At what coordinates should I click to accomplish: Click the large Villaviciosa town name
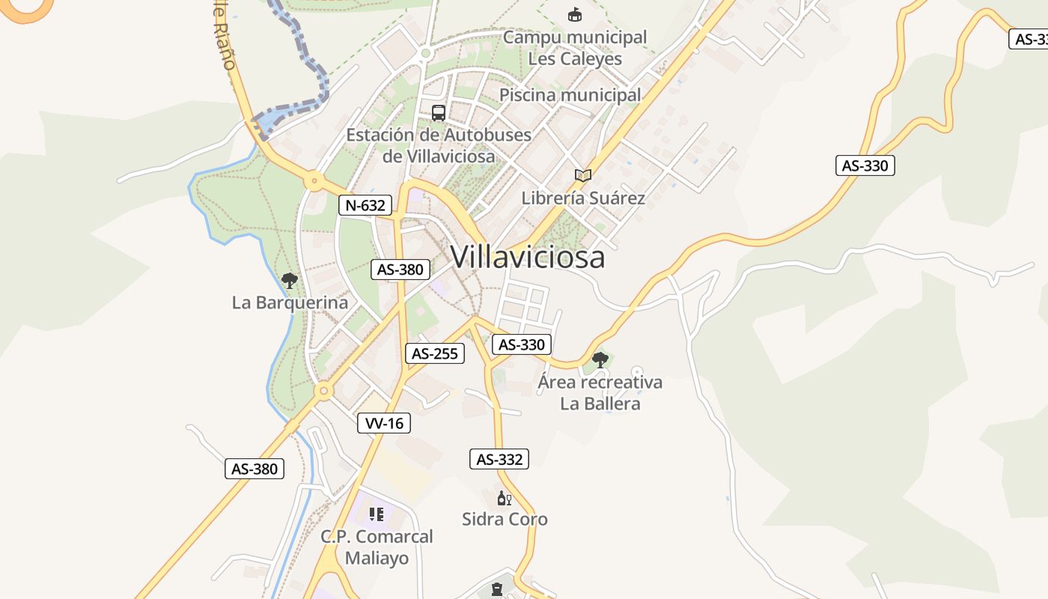click(x=528, y=257)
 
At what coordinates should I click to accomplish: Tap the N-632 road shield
click(x=365, y=205)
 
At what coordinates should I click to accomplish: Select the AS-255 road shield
click(x=435, y=353)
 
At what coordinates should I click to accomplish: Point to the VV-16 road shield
click(x=384, y=423)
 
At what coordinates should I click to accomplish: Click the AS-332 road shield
click(x=499, y=459)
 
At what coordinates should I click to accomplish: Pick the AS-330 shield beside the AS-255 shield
click(x=522, y=344)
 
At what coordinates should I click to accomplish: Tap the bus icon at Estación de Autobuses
click(x=439, y=113)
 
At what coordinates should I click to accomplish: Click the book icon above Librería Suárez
click(x=583, y=175)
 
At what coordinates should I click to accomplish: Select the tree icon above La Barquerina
click(x=290, y=281)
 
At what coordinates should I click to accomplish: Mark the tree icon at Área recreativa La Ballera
click(x=600, y=360)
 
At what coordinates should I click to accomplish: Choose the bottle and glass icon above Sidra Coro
click(x=505, y=498)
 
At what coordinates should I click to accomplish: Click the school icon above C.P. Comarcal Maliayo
click(x=377, y=514)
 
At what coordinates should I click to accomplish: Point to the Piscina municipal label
click(x=570, y=95)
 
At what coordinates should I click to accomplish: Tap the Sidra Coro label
click(x=505, y=519)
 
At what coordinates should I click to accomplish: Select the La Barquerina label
click(x=290, y=302)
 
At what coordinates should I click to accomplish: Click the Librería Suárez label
click(x=583, y=198)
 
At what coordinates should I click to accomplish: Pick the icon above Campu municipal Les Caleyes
click(x=574, y=15)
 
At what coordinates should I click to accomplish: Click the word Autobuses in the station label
click(x=487, y=136)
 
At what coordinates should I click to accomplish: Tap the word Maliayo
click(x=377, y=559)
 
